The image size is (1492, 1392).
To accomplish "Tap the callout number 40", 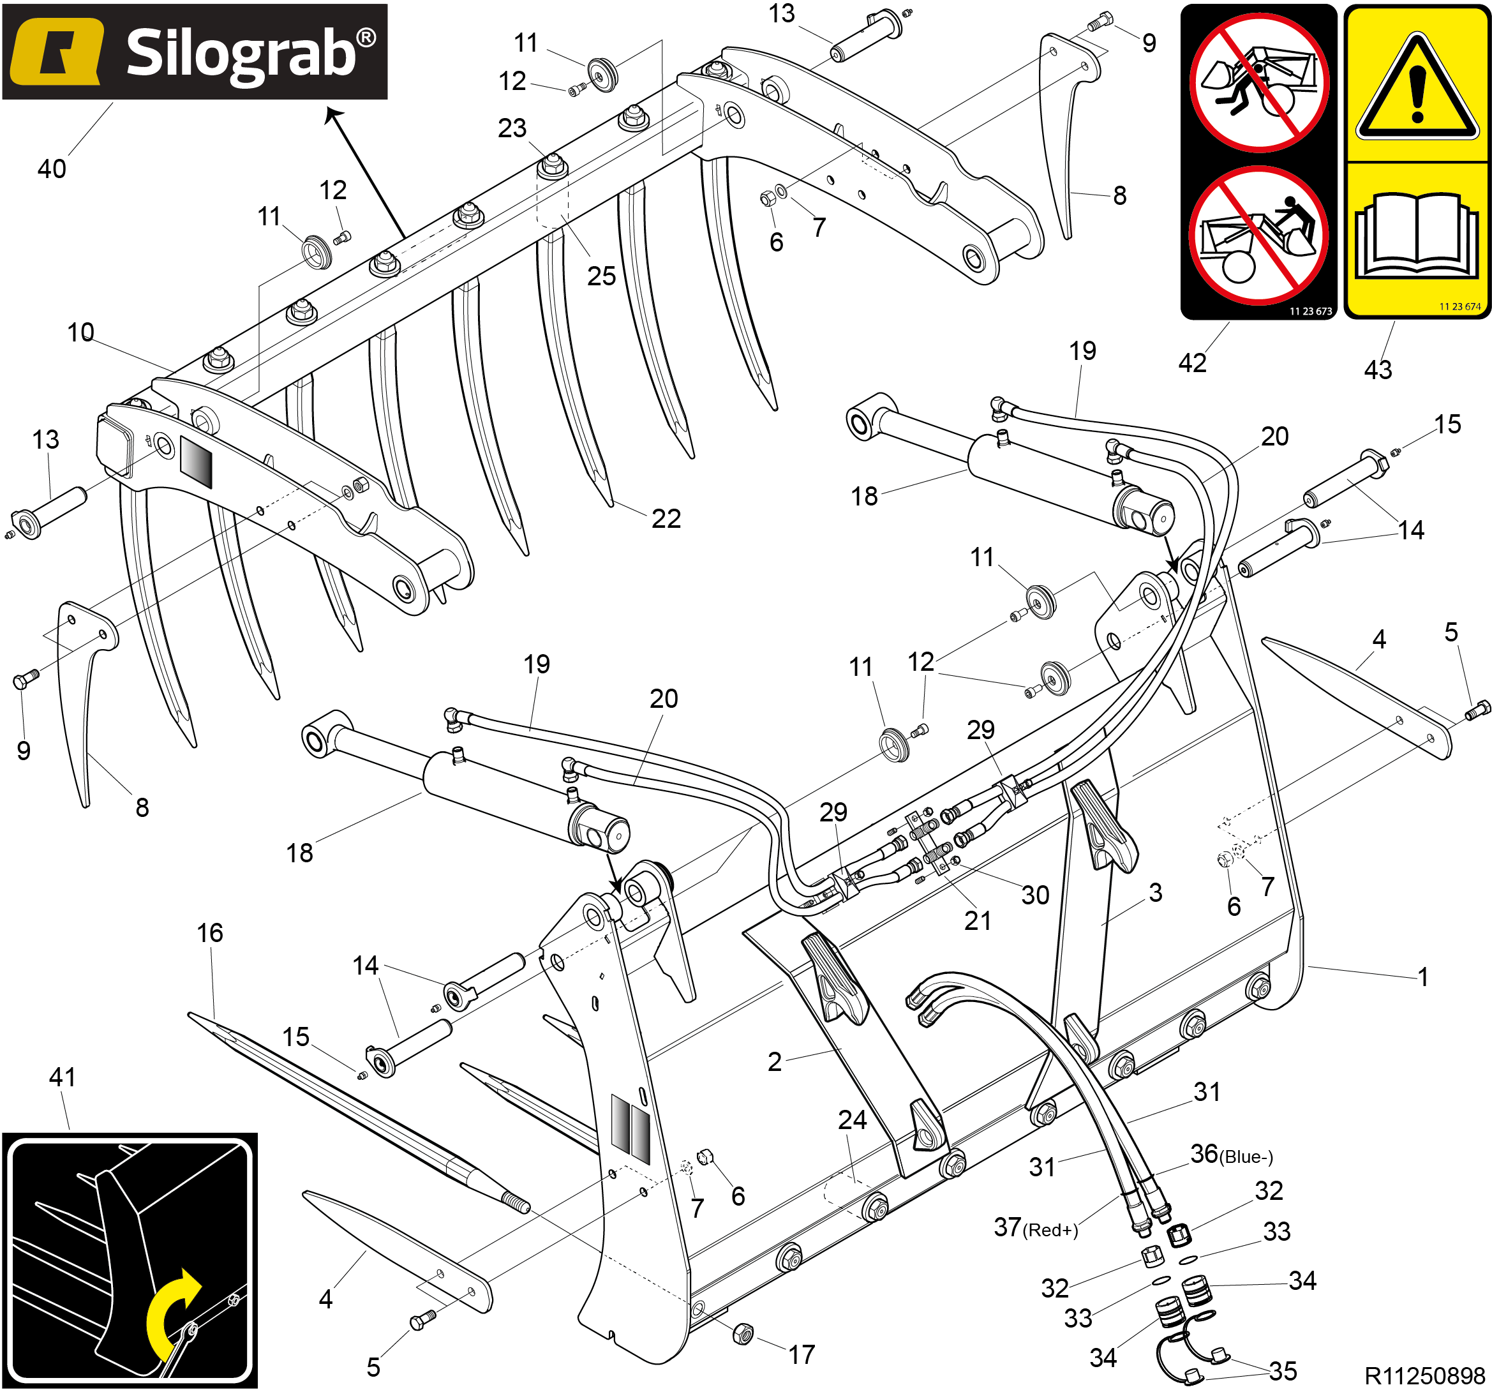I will (52, 169).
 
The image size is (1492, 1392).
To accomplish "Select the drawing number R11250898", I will (1424, 1375).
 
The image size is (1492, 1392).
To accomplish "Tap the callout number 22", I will (666, 518).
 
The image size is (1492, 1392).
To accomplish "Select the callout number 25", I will (601, 276).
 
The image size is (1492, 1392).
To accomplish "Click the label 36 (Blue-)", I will (1231, 1154).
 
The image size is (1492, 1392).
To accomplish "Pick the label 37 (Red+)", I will (1036, 1228).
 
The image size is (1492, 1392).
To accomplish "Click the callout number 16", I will (210, 932).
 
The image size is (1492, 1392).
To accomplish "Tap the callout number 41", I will (63, 1077).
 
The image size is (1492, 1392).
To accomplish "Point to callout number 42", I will (1193, 363).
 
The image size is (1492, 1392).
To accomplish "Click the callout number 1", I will (1422, 977).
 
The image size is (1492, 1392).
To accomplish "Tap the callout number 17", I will (802, 1354).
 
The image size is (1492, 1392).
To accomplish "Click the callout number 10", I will (80, 333).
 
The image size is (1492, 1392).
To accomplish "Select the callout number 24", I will (852, 1119).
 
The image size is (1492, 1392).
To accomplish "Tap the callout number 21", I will (977, 921).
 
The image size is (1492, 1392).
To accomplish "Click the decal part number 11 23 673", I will (1310, 311).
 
